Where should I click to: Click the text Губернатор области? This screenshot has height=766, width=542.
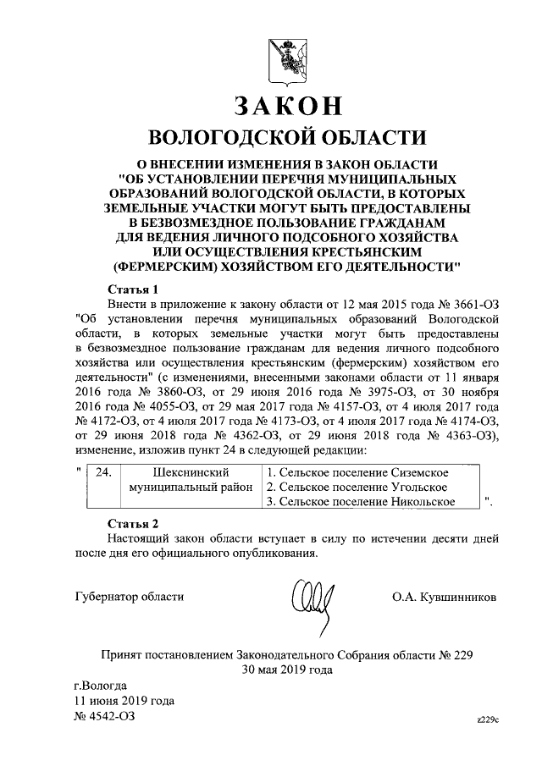coord(128,598)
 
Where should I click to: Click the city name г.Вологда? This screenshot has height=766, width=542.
coord(101,685)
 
